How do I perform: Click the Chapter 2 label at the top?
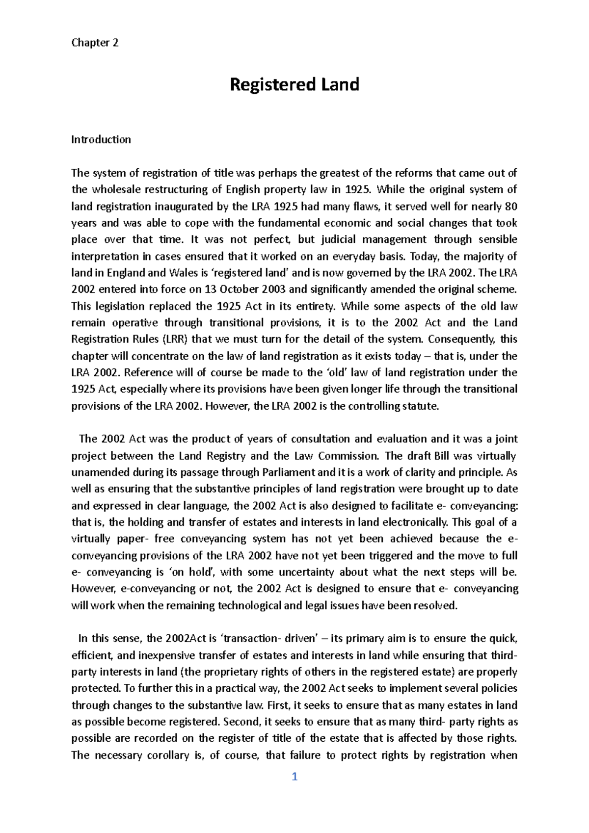point(95,43)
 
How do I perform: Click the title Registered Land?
point(294,85)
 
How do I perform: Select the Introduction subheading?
point(101,139)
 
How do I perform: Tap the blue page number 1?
point(294,777)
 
